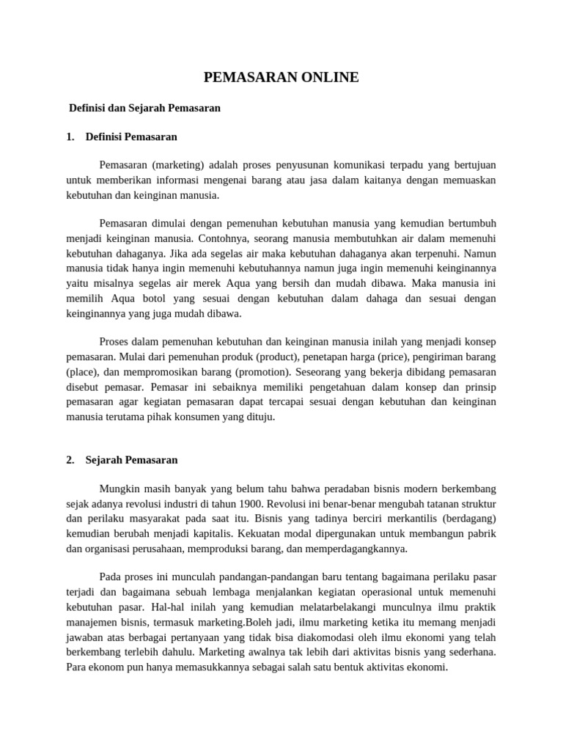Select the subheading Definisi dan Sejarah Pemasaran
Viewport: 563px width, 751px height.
[x=144, y=108]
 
